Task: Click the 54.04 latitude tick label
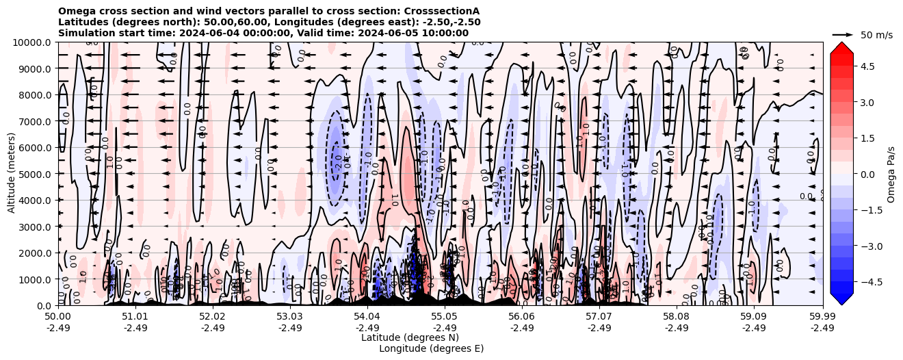pyautogui.click(x=367, y=317)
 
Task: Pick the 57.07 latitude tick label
pyautogui.click(x=599, y=317)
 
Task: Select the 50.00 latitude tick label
pyautogui.click(x=58, y=317)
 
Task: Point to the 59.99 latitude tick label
pyautogui.click(x=822, y=317)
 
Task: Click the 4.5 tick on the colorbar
pyautogui.click(x=867, y=66)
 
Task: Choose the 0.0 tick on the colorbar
pyautogui.click(x=867, y=174)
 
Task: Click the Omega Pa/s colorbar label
pyautogui.click(x=891, y=174)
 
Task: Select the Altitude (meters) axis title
pyautogui.click(x=12, y=174)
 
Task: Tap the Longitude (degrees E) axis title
pyautogui.click(x=431, y=348)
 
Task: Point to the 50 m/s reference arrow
pyautogui.click(x=842, y=34)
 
